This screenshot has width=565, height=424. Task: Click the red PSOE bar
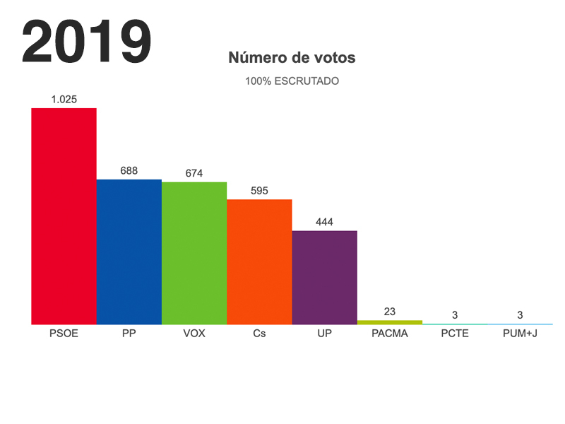click(x=64, y=216)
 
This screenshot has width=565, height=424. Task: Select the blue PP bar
click(x=129, y=252)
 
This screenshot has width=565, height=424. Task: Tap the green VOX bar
click(x=194, y=253)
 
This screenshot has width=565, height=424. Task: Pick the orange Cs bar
click(x=259, y=261)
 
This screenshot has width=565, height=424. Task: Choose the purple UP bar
click(x=324, y=277)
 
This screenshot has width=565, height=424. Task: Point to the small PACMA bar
click(x=390, y=322)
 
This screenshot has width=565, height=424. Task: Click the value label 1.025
click(x=64, y=100)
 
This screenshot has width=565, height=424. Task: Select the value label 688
click(x=129, y=170)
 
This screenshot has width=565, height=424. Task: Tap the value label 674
click(x=194, y=173)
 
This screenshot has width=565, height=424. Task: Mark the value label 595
click(x=259, y=191)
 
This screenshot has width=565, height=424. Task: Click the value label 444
click(x=324, y=222)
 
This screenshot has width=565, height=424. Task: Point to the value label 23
click(x=390, y=311)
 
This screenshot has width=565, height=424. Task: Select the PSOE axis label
click(x=64, y=334)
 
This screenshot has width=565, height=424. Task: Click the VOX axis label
click(x=194, y=334)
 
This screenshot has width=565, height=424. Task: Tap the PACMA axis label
click(x=390, y=334)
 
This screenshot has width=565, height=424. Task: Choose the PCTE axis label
click(x=455, y=334)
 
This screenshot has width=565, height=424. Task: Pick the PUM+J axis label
click(x=520, y=334)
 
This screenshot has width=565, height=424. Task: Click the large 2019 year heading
click(x=87, y=42)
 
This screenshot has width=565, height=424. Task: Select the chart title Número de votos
click(x=292, y=58)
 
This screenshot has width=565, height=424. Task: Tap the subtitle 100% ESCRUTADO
click(x=292, y=81)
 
